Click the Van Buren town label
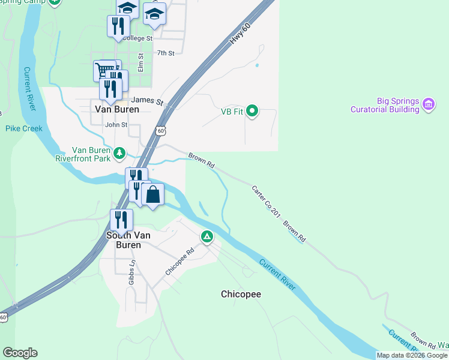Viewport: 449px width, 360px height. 117,109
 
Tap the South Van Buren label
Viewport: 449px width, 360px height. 124,240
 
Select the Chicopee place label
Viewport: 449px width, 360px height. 241,294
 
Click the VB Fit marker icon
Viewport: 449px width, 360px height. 253,110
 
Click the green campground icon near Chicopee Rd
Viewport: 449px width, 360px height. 207,237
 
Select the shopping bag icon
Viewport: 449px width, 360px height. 153,194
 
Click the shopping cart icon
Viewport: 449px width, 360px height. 104,70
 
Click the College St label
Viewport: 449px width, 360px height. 137,38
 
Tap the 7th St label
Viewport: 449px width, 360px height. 165,53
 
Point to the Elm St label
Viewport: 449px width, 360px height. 140,62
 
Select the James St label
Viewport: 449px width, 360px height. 148,101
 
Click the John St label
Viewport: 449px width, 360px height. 116,125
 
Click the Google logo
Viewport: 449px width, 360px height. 20,353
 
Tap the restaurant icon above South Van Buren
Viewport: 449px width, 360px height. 121,220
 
